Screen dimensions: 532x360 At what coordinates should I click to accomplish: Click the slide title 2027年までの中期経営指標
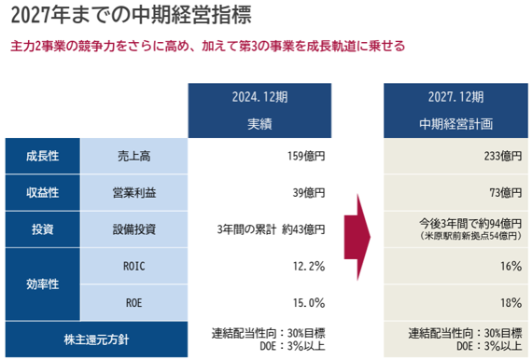tap(131, 15)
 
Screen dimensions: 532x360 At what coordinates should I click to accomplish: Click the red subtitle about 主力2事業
tap(207, 46)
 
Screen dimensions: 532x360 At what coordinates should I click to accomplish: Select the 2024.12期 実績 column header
tap(259, 110)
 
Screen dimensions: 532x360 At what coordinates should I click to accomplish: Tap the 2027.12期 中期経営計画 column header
tap(455, 110)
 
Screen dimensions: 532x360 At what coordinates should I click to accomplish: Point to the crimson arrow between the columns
tap(357, 237)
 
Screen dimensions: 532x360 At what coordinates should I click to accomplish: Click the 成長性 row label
tap(42, 156)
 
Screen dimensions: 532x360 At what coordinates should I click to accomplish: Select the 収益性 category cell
tap(42, 192)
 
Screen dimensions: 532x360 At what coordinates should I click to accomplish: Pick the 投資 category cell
tap(42, 229)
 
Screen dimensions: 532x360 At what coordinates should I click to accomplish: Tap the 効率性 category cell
tap(42, 284)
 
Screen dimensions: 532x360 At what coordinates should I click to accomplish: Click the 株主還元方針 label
tap(96, 339)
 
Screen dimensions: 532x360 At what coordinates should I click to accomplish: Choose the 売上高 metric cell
tap(134, 156)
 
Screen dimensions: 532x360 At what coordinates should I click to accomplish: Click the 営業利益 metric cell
tap(134, 192)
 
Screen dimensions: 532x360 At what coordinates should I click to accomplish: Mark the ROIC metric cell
tap(134, 266)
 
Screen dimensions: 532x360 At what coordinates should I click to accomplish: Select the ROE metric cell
tap(134, 302)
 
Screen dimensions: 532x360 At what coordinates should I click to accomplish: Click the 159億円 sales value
tap(306, 156)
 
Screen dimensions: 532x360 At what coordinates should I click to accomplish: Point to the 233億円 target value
tap(503, 156)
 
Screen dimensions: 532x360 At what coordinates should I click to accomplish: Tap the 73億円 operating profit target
tap(506, 192)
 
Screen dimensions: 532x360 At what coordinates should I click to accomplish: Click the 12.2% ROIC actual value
tap(309, 266)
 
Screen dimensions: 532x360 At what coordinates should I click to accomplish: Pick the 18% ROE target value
tap(511, 302)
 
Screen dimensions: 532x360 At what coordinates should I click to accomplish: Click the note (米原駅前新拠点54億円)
tap(470, 236)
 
